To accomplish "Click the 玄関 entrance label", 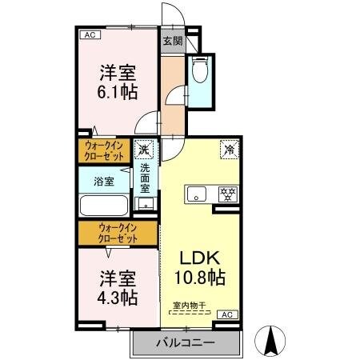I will (171, 41).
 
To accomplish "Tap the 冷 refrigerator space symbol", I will (229, 148).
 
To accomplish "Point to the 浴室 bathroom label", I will (104, 182).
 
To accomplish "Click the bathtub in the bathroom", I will (102, 207).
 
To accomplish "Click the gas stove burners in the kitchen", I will (228, 193).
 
